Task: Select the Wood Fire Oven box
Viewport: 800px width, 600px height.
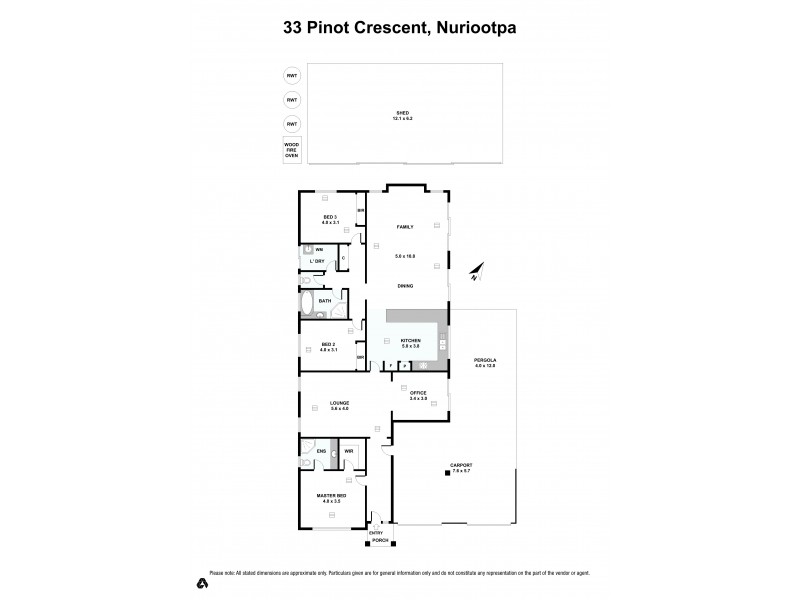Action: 292,150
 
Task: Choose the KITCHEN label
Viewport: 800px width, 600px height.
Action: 410,342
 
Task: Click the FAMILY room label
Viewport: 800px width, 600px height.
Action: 405,227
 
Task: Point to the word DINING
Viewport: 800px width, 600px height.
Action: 405,285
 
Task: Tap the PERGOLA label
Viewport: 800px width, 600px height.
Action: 485,361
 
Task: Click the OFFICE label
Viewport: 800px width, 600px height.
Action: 418,394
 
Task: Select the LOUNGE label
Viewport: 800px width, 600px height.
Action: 340,405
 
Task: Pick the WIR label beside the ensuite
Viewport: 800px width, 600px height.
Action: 349,452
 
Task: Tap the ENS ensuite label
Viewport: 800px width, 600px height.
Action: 321,452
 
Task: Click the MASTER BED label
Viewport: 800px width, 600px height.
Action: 332,496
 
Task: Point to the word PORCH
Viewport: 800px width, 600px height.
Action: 379,541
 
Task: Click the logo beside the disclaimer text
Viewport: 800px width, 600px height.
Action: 201,581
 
